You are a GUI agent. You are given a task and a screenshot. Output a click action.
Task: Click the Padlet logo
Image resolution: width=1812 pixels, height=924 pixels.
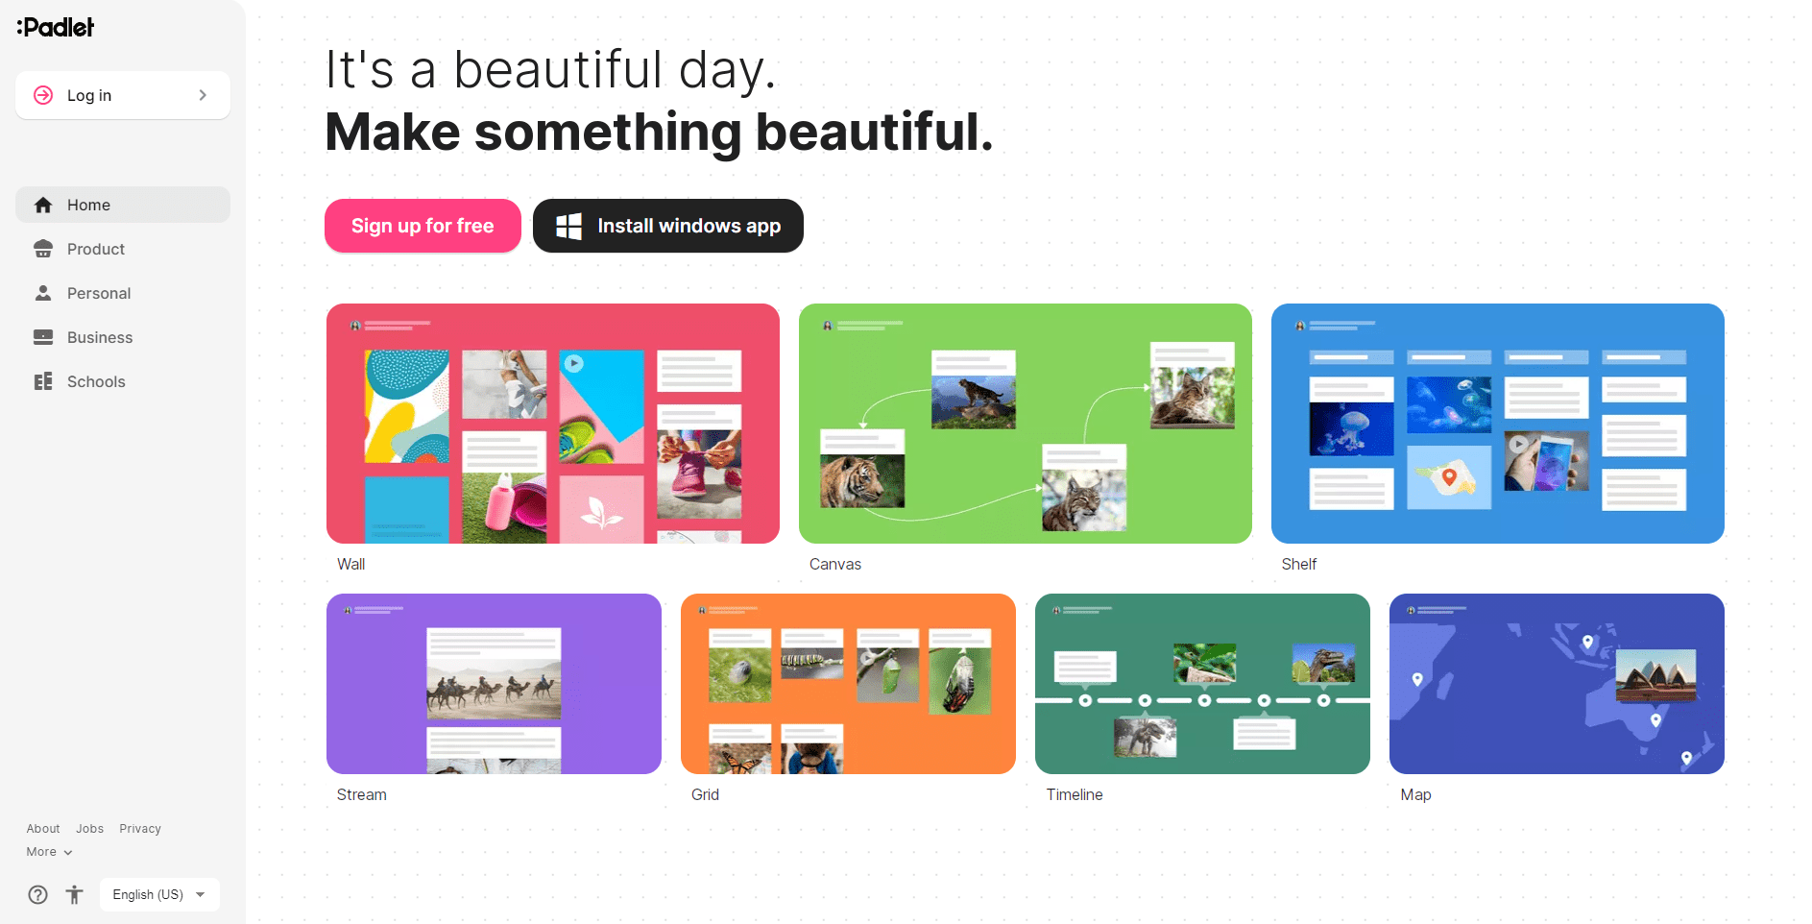56,27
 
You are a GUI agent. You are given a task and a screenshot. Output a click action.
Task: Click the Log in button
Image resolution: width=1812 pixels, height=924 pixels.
122,95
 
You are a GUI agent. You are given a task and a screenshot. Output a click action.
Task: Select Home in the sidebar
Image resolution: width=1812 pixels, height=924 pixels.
122,205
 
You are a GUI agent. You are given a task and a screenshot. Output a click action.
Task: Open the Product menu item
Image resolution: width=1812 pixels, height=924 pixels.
95,249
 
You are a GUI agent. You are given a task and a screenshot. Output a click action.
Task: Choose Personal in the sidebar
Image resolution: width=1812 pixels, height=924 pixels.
98,293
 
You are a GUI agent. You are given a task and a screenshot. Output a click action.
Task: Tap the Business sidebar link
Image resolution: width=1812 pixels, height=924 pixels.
99,337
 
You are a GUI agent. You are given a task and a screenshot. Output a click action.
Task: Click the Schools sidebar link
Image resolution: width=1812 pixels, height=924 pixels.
95,381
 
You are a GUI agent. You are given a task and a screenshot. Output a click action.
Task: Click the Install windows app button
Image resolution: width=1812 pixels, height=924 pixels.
668,226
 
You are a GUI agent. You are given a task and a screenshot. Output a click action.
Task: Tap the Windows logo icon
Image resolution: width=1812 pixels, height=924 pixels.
568,226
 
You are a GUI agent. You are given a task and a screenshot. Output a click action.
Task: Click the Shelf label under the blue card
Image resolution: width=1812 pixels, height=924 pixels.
1298,564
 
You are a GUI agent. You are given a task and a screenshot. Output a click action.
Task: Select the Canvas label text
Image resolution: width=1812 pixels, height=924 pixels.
834,564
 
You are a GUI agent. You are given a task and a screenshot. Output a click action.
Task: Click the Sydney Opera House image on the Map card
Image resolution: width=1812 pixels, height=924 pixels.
1655,674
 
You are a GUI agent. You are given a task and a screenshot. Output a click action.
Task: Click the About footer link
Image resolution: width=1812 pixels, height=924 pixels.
43,829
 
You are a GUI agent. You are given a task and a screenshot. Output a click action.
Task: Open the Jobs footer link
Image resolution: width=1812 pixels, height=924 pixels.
89,829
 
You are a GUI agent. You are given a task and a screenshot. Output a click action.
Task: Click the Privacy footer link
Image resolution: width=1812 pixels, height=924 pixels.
140,829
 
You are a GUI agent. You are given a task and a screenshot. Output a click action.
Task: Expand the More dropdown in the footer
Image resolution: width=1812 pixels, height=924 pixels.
49,852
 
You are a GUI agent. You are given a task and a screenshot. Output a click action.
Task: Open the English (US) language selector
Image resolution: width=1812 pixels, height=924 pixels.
159,894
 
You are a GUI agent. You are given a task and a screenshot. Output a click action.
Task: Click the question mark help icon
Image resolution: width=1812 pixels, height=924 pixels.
37,895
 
